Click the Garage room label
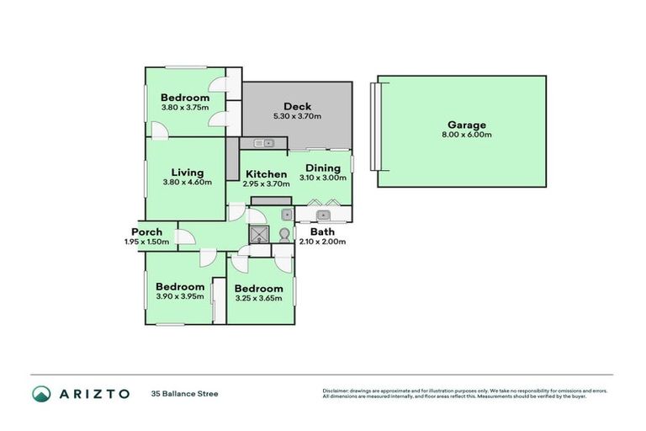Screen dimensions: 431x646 point(466,125)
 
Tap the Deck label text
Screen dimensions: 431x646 point(297,106)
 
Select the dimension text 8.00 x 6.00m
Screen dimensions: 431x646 point(466,135)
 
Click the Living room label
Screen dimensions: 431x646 point(187,173)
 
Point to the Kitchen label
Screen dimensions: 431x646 point(266,174)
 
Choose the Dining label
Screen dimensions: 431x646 point(322,168)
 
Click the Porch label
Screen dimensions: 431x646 point(146,231)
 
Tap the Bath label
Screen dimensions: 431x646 point(322,231)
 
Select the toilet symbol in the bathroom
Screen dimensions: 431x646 point(284,234)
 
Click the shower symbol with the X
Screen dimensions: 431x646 point(259,233)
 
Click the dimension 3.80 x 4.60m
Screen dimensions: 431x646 point(187,182)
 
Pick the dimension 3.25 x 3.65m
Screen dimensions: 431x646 point(258,298)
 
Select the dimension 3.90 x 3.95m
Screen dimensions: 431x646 point(179,295)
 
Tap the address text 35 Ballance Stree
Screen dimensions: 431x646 point(184,393)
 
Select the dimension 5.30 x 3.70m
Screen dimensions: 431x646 point(297,116)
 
